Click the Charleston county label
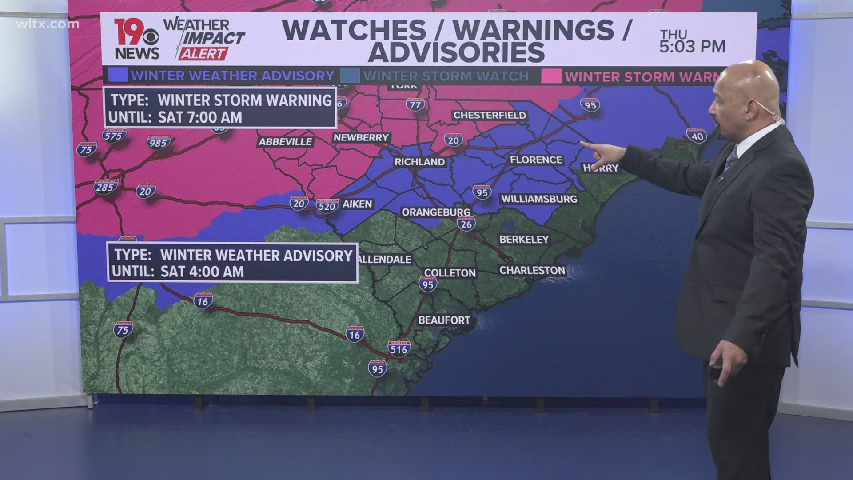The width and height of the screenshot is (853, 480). click(x=532, y=270)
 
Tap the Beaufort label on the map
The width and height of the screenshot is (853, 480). click(x=444, y=320)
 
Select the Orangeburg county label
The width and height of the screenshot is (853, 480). click(x=436, y=212)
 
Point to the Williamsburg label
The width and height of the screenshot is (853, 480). click(x=539, y=199)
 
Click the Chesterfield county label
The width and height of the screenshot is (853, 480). click(x=490, y=115)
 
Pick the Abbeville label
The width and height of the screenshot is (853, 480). click(x=286, y=142)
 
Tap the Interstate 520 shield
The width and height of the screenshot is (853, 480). click(x=327, y=205)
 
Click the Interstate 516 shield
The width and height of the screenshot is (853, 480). click(x=399, y=348)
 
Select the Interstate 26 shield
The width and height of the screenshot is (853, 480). click(x=466, y=224)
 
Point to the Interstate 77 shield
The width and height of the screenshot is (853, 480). click(x=415, y=104)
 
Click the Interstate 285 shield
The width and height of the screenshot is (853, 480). click(x=105, y=187)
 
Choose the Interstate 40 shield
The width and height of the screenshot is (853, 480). click(x=697, y=136)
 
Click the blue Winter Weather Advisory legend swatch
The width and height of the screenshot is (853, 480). click(x=118, y=76)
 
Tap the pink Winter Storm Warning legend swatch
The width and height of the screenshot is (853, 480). click(x=551, y=76)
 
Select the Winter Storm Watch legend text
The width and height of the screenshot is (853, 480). click(x=446, y=76)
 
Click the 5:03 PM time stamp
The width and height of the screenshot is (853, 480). click(x=692, y=46)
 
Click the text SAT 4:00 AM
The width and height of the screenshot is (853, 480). click(x=202, y=272)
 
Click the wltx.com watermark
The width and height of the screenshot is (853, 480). click(x=48, y=24)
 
